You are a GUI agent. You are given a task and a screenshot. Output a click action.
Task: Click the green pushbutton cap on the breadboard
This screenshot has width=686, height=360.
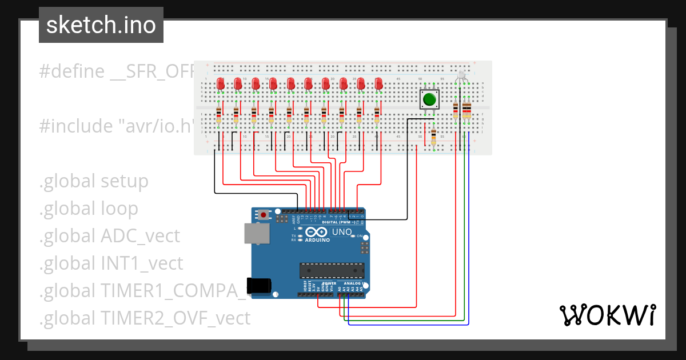429,99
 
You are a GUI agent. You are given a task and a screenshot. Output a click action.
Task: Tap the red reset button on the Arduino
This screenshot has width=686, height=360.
264,215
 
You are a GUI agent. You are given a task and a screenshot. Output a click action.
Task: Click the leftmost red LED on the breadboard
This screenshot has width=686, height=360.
221,84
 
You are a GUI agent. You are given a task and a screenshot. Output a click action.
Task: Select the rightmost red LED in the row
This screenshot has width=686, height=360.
378,84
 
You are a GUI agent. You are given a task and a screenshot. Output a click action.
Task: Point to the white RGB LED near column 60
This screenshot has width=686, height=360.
461,75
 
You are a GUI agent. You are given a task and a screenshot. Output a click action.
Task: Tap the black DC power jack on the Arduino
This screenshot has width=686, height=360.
258,285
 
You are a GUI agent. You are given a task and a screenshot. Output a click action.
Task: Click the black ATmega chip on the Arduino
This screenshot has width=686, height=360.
332,271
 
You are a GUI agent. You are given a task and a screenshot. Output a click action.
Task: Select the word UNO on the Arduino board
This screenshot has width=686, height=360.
342,232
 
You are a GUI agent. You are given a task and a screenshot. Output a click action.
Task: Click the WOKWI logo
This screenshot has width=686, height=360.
607,315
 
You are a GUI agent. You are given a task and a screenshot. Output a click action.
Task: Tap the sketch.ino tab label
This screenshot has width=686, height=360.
101,25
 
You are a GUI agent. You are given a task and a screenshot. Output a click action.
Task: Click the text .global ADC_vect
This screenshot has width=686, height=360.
109,235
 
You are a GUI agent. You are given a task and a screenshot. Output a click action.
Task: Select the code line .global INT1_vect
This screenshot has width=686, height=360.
111,263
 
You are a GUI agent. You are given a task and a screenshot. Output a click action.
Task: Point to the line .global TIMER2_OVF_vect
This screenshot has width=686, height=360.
145,318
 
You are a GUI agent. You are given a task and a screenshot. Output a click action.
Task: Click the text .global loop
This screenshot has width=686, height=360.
89,209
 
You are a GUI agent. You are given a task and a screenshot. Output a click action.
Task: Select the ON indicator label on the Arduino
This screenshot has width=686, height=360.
360,236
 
